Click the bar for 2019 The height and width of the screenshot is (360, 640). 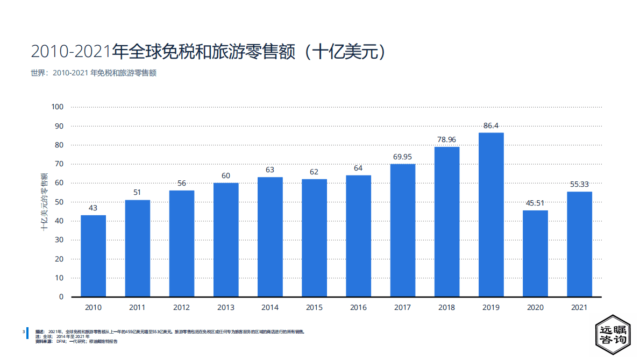tap(490, 215)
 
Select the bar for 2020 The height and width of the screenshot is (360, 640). tap(535, 253)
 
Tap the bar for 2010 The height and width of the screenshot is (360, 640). tap(93, 256)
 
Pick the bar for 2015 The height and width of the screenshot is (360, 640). tap(314, 238)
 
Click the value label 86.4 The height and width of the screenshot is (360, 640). tap(490, 126)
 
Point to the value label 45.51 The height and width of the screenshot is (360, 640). tap(535, 203)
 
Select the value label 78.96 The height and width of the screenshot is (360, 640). tap(446, 140)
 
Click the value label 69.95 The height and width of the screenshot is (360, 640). tap(402, 157)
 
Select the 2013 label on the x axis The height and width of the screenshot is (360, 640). tap(226, 308)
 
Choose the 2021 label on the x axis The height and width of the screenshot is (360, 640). tap(579, 308)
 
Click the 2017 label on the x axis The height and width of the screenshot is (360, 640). tap(402, 308)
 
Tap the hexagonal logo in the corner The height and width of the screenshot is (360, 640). tap(613, 335)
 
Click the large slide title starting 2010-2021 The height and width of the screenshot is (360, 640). tap(209, 52)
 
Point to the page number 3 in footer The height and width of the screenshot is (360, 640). tap(23, 332)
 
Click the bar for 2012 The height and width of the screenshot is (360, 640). tap(182, 244)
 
